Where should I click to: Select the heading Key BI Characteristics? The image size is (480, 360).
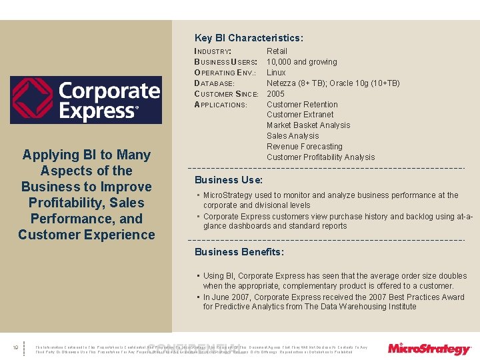tap(249, 38)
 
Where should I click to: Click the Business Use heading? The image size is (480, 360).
tap(229, 180)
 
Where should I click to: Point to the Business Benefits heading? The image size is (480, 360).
tap(239, 252)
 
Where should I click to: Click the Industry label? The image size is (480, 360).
tap(213, 51)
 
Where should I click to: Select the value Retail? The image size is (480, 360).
tap(277, 51)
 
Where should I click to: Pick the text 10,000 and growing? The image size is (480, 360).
tap(301, 62)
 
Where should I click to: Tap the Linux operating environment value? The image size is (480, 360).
tap(276, 73)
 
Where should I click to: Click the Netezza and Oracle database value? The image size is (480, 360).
tap(333, 83)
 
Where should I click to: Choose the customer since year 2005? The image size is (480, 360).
tap(276, 94)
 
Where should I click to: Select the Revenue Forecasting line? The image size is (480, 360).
tap(304, 147)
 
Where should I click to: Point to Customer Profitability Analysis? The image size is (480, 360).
tap(321, 157)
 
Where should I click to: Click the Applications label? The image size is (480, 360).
tap(221, 105)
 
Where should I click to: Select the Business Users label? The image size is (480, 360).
tap(225, 62)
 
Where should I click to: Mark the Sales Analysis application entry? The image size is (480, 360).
tap(292, 136)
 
